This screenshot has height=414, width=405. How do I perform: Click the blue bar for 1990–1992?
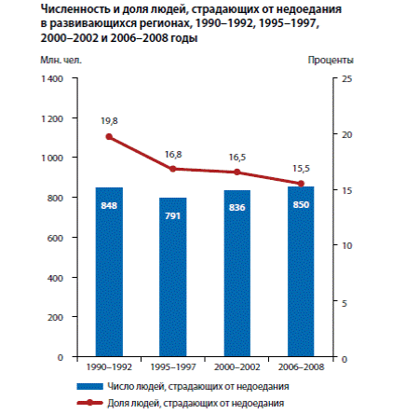[109, 271]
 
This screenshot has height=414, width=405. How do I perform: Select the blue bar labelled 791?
[173, 277]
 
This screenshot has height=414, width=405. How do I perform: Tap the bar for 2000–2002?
[237, 273]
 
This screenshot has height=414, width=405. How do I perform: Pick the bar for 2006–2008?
[301, 271]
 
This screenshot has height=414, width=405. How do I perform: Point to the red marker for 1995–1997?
[173, 169]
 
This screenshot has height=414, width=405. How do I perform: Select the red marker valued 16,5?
[237, 172]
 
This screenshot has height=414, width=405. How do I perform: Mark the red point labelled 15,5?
[301, 184]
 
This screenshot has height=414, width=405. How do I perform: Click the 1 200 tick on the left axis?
[52, 118]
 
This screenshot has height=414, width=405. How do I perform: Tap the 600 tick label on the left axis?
[55, 238]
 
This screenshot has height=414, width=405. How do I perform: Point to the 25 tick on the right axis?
[347, 78]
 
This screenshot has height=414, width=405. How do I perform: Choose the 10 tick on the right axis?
[347, 245]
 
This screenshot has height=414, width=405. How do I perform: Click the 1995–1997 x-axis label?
[173, 367]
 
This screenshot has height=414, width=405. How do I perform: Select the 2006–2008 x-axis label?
[301, 367]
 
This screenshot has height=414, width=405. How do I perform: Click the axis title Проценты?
[331, 60]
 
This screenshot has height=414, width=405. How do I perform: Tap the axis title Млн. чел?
[61, 60]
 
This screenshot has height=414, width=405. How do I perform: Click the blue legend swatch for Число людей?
[89, 387]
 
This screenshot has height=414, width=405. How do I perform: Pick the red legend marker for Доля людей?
[89, 403]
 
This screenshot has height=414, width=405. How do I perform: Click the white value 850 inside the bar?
[301, 204]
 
